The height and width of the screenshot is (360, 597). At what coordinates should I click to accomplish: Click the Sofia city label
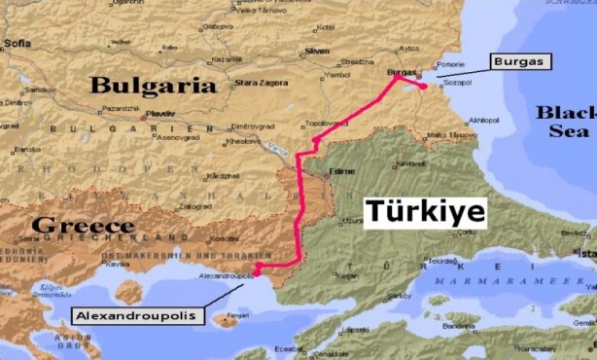(18, 44)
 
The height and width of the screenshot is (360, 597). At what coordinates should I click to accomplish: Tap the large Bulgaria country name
(153, 86)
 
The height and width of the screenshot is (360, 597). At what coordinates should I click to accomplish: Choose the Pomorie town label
(450, 63)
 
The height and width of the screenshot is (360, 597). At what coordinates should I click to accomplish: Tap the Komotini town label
(226, 238)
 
